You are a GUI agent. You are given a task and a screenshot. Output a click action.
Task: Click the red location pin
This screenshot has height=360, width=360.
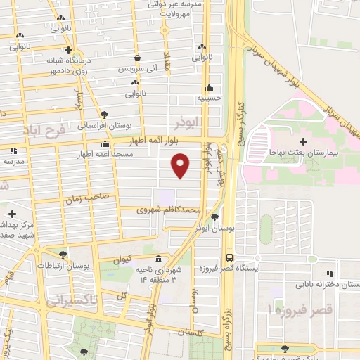[180, 166]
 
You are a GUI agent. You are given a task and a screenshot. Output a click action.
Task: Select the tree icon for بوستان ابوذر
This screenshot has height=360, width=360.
[214, 218]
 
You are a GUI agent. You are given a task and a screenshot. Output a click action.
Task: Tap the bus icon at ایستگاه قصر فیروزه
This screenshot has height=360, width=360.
[229, 257]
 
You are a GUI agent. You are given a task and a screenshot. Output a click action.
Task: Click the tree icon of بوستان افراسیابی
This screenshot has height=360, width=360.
[104, 114]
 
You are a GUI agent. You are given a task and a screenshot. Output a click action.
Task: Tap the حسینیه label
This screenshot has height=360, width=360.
[209, 99]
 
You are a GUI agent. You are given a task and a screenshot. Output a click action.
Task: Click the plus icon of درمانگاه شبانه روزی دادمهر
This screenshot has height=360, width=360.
[68, 50]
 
